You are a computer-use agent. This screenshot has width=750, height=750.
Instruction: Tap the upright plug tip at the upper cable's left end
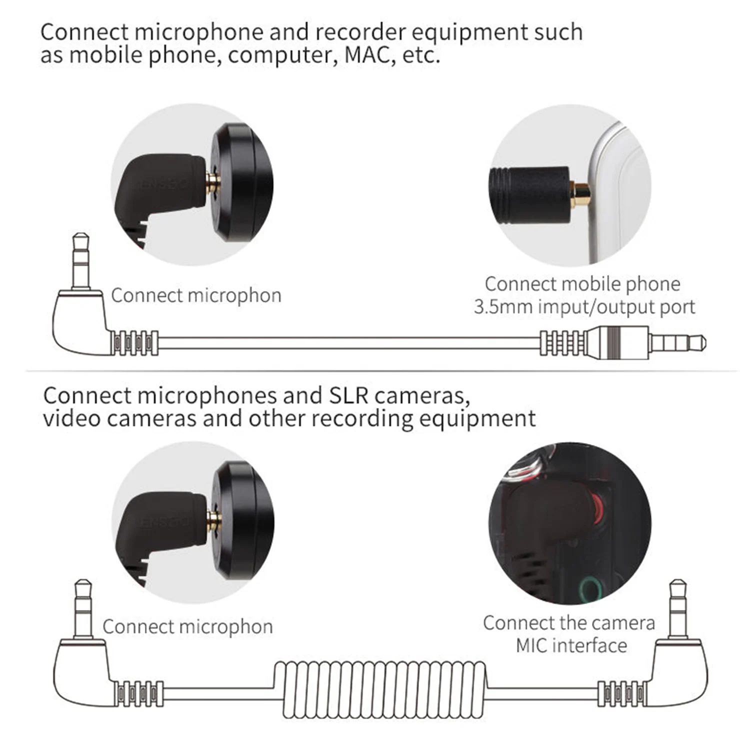coord(81,260)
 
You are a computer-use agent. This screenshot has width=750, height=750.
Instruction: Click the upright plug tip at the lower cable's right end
coord(678,607)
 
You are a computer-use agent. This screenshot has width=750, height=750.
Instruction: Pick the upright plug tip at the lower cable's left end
coord(83,607)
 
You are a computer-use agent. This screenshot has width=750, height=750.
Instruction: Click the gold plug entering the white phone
coord(581,195)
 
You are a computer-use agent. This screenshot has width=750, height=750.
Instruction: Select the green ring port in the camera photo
coord(589,589)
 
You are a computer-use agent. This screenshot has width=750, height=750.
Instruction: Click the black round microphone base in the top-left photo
coord(242,182)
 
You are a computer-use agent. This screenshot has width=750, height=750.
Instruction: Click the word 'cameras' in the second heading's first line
coord(422,395)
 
